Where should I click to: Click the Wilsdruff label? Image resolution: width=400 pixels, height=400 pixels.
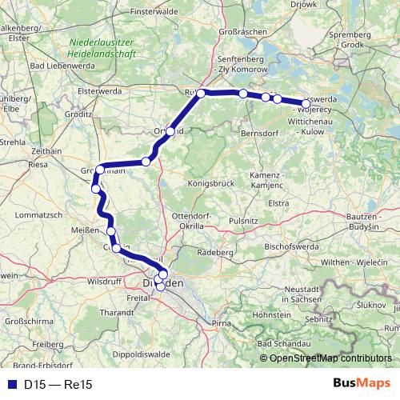point(104,282)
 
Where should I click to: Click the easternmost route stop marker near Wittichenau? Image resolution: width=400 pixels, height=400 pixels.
point(306,103)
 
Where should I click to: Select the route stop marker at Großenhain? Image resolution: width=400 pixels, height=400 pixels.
point(99,170)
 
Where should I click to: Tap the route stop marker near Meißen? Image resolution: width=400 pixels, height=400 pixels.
point(111,231)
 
